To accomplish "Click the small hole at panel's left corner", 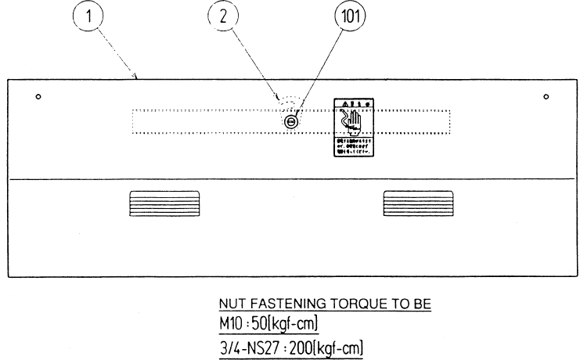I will (38, 97).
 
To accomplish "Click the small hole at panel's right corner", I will (546, 97).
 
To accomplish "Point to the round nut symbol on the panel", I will (291, 123).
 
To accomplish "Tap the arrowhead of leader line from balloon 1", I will (138, 77).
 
